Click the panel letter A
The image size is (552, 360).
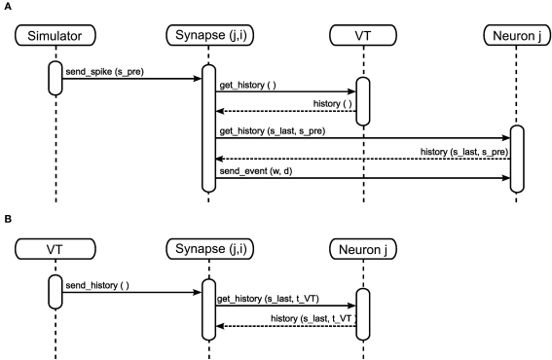8,7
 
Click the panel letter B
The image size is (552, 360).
8,220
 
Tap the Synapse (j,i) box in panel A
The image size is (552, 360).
208,37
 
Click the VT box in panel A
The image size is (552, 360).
362,37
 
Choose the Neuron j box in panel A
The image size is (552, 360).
514,37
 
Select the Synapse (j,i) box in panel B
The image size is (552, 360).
208,250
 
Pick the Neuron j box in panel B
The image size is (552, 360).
362,250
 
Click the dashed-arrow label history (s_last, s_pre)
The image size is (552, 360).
461,152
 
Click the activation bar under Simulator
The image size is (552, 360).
56,79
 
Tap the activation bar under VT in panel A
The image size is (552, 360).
362,101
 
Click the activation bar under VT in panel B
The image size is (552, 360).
56,290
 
